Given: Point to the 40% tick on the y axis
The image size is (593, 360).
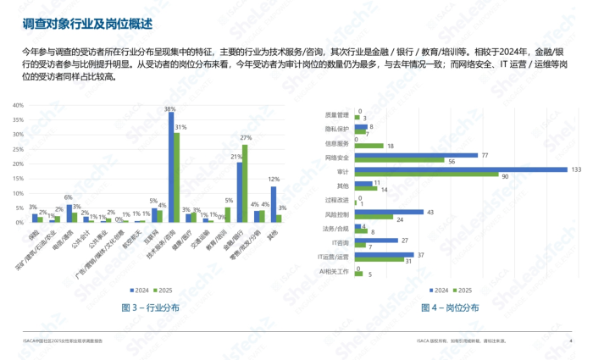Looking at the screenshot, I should [17, 107].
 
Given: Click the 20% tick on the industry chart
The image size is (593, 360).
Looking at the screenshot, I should [17, 164].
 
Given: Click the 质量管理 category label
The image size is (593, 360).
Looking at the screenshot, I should [337, 114].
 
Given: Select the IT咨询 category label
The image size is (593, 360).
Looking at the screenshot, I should [341, 242].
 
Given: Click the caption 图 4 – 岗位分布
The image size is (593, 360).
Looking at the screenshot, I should [455, 307].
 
